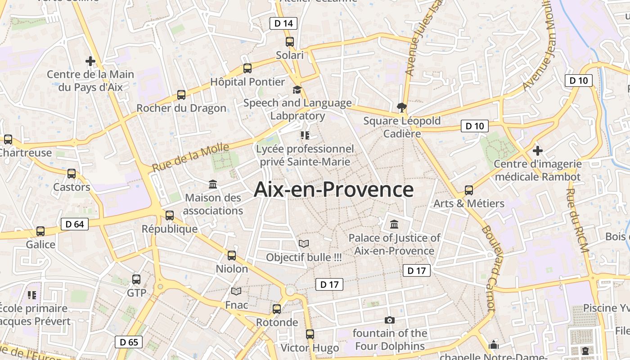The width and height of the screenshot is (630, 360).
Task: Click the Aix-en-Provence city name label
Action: (333, 189)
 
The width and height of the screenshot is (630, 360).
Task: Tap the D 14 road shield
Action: (283, 23)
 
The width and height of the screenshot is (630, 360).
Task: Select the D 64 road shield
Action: (75, 224)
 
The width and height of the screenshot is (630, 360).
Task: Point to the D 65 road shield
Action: (129, 342)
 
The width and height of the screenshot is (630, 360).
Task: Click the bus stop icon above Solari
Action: (290, 42)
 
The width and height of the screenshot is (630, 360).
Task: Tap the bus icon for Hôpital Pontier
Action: (247, 68)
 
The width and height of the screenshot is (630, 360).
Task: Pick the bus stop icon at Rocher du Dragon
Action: (181, 95)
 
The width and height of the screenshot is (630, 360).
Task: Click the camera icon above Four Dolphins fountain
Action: (390, 320)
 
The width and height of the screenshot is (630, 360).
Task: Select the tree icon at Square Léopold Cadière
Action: (402, 107)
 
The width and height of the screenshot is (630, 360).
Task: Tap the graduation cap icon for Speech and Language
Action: (297, 90)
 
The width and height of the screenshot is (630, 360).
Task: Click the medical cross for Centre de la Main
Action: (90, 61)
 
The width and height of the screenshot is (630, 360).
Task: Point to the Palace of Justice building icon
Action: (395, 224)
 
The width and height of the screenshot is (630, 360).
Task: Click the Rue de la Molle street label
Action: (190, 157)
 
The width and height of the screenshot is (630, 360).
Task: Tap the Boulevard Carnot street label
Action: (488, 268)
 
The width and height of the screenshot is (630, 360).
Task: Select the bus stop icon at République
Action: (170, 216)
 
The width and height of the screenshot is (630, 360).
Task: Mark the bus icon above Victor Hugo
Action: (310, 334)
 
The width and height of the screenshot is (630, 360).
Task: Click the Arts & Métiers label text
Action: (469, 203)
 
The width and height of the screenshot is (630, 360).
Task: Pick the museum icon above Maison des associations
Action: (213, 184)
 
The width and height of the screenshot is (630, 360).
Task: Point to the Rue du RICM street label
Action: (577, 220)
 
